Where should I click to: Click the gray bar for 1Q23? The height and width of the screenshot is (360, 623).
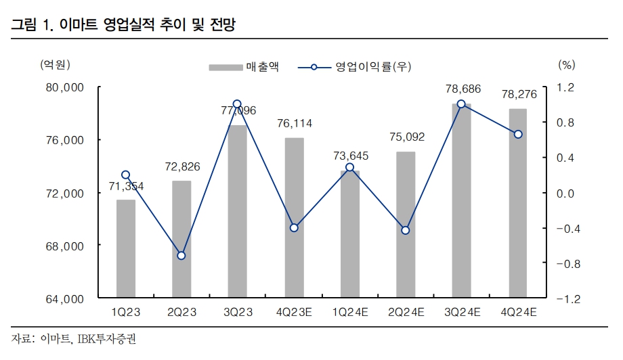pos(125,248)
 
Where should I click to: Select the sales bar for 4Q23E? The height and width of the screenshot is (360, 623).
pos(294,217)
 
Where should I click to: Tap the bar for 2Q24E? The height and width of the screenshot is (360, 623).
pos(406,224)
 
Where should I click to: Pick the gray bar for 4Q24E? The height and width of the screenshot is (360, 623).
pos(518,203)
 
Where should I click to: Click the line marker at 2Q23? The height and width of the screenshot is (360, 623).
pos(181,255)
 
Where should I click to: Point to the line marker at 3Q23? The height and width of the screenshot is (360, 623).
pos(237,104)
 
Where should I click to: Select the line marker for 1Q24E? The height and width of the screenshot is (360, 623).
pos(349,167)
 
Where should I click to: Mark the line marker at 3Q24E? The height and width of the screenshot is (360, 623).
pos(461,104)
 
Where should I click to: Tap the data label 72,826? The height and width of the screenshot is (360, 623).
pos(181,166)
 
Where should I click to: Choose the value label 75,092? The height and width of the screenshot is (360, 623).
pos(406,137)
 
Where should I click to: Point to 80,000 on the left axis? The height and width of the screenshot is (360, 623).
pos(64,87)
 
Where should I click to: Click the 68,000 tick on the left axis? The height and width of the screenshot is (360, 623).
pos(64,246)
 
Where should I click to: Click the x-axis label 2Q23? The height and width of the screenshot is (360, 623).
pos(181,312)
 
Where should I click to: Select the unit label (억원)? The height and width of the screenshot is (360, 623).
pos(55,65)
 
